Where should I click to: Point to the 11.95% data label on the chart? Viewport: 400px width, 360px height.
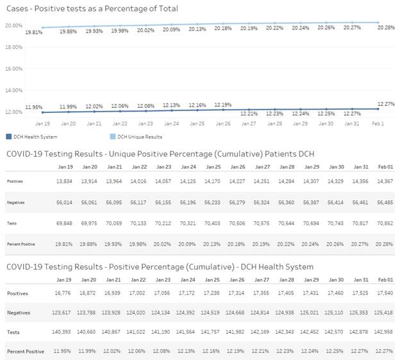[34, 107]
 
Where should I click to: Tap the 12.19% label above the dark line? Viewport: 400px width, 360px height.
[222, 105]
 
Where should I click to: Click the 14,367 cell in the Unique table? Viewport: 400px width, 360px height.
[384, 182]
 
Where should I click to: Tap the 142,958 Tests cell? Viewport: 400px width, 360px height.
[384, 332]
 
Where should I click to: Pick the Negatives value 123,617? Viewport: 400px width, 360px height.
[63, 312]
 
